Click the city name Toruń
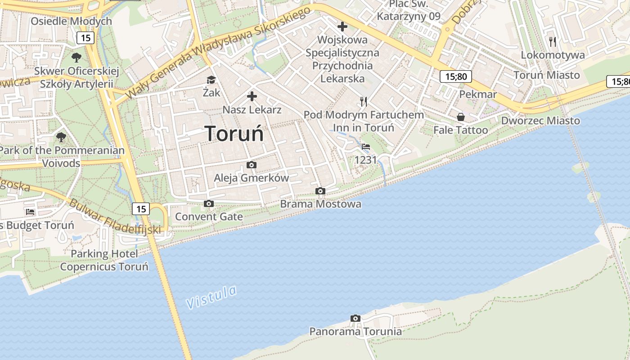[x=234, y=133]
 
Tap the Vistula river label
[x=211, y=297]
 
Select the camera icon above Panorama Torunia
[x=355, y=319]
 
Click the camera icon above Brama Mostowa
[x=320, y=191]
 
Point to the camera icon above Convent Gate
[x=208, y=204]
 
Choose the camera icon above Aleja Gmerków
[x=252, y=165]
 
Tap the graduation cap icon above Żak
[x=211, y=80]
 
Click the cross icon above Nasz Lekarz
[x=252, y=96]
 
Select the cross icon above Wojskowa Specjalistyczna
[x=342, y=27]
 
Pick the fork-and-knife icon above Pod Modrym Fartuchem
[x=364, y=102]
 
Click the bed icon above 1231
[x=366, y=147]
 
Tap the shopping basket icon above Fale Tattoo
[x=461, y=117]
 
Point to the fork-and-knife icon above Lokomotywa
[x=553, y=42]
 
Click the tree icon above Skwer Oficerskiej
[x=76, y=58]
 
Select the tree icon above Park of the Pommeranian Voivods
[x=61, y=137]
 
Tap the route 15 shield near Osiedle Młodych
[x=85, y=37]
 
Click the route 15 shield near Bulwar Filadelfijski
[x=141, y=209]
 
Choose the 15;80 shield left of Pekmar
[x=456, y=76]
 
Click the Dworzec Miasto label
[x=540, y=121]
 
